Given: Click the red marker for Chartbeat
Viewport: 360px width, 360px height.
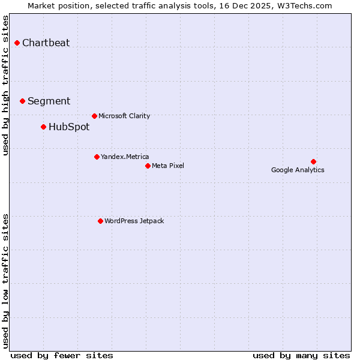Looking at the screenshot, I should (17, 43).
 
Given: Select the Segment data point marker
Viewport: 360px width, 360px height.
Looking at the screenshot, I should (22, 101).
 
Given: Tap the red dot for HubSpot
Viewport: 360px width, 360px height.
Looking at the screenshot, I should (43, 127).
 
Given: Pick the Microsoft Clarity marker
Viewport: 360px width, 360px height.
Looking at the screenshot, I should (94, 116).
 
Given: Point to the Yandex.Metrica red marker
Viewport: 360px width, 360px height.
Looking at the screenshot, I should (97, 157).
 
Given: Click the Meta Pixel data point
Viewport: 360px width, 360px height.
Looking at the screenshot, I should (148, 166).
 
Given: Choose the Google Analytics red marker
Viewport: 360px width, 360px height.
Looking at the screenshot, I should (313, 161).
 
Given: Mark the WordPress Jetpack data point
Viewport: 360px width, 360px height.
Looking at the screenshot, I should (100, 221).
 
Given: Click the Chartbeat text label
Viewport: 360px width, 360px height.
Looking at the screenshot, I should (46, 43).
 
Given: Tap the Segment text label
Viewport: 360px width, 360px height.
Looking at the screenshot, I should (49, 101).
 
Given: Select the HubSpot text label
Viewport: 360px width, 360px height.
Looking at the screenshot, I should (69, 127).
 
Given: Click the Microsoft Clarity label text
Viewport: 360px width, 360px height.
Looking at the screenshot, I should (124, 116).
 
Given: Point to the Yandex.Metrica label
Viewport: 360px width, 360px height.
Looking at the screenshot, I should (125, 157).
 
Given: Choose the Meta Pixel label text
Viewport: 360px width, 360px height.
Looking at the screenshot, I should (168, 166).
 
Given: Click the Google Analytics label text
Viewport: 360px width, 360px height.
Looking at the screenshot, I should (298, 170).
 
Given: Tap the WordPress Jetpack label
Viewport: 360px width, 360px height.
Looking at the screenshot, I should (134, 221).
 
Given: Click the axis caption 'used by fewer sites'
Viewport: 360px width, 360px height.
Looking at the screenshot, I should (62, 355).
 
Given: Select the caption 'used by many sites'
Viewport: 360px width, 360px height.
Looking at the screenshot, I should (301, 355).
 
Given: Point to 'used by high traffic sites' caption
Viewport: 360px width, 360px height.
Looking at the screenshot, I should (6, 85).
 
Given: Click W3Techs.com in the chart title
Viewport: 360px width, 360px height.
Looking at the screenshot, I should (306, 5).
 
